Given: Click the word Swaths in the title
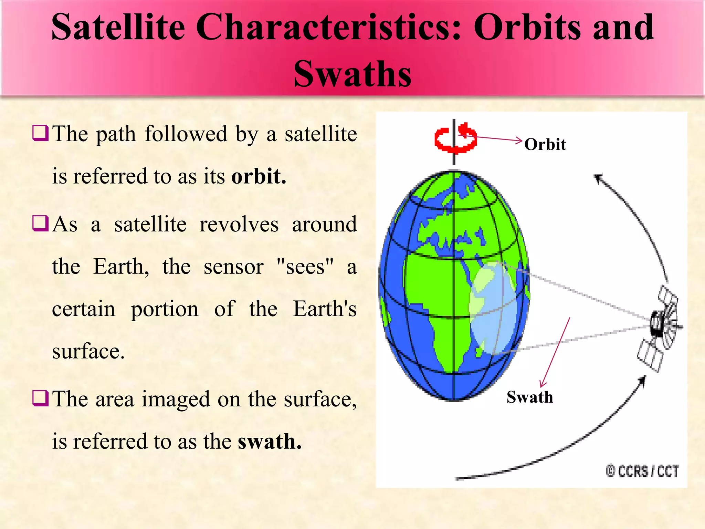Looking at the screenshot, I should pyautogui.click(x=352, y=74).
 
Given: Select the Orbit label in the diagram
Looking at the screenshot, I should pyautogui.click(x=545, y=144).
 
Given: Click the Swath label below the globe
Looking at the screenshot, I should pyautogui.click(x=530, y=397).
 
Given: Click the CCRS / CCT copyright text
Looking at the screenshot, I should pyautogui.click(x=642, y=471).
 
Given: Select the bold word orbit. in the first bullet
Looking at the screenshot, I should pyautogui.click(x=259, y=176).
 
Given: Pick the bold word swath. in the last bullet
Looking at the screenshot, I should pyautogui.click(x=270, y=442).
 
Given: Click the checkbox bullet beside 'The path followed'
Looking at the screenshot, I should pyautogui.click(x=40, y=133).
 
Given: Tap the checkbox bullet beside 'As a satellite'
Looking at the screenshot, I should pyautogui.click(x=40, y=224).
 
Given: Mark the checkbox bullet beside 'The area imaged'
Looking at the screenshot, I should pyautogui.click(x=40, y=398).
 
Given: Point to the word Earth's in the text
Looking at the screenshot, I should pyautogui.click(x=325, y=309).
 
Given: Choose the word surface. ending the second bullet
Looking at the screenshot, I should pyautogui.click(x=88, y=352).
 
